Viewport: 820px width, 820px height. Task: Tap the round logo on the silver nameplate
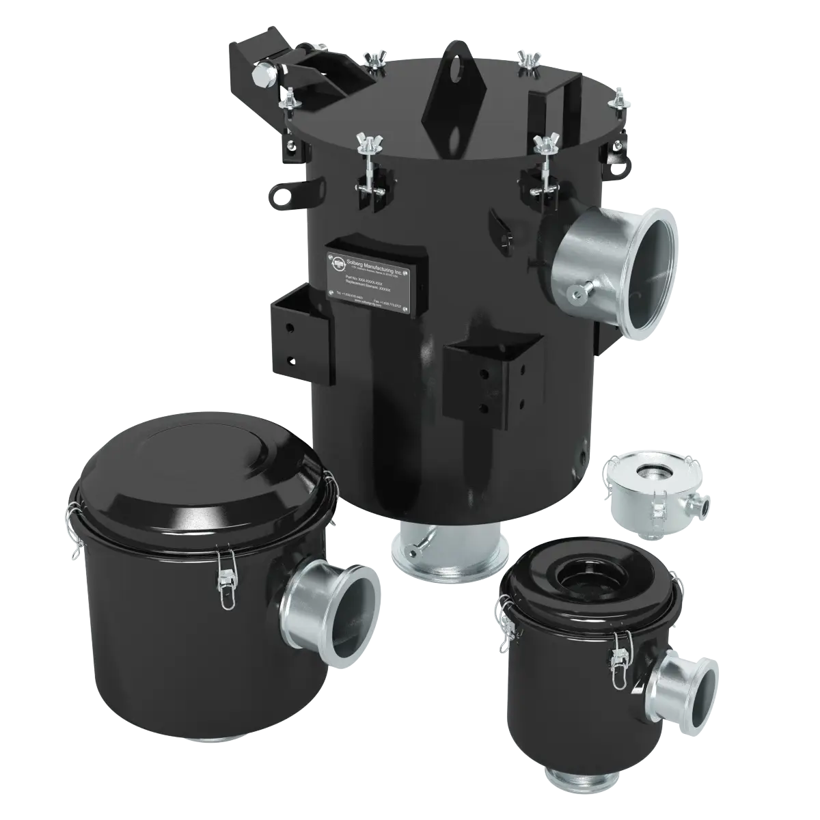point(338,261)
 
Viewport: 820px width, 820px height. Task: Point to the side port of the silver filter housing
point(702,506)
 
